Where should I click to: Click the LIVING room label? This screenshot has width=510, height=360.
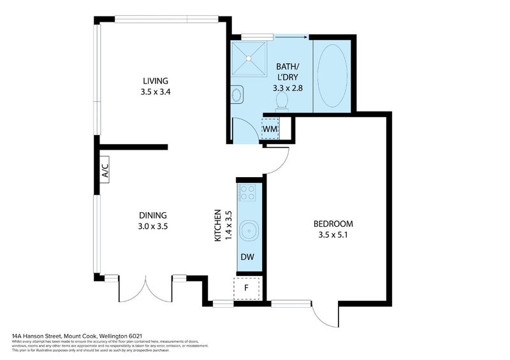155,81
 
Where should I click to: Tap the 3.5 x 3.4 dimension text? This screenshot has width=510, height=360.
155,91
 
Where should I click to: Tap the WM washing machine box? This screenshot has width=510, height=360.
270,127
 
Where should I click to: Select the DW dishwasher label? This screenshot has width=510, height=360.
247,257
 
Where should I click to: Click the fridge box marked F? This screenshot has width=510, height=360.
247,287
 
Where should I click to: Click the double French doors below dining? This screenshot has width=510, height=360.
146,290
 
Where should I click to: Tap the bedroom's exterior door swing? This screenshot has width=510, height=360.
324,311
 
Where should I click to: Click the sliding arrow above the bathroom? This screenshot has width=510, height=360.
291,38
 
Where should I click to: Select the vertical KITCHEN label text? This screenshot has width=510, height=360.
217,225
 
